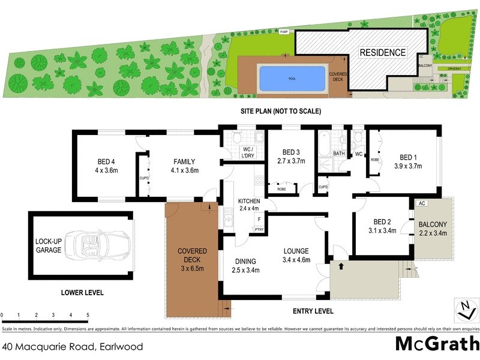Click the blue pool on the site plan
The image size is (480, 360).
coord(292,79)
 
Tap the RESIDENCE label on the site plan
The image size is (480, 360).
coord(382,53)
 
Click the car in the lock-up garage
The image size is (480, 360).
coord(96,245)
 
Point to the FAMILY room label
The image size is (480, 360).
coord(184,166)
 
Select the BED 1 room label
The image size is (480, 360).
coord(408,162)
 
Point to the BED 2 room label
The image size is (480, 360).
coord(383,224)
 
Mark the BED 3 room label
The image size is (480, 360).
coord(290,157)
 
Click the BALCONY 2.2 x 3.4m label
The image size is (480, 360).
coord(433,229)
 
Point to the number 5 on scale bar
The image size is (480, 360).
coord(88,315)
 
